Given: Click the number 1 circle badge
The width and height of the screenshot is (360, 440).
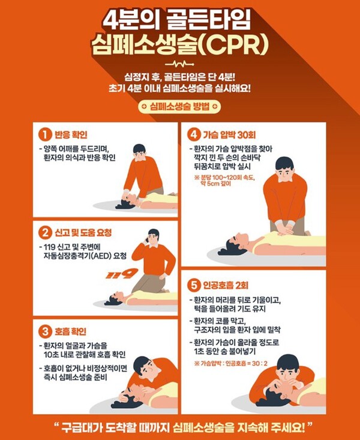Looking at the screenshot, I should [44, 133].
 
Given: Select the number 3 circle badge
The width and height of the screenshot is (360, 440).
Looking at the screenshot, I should [44, 331].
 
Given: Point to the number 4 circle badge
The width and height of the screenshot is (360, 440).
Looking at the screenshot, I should [193, 133].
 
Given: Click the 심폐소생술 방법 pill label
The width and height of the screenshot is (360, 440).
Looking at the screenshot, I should [179, 106].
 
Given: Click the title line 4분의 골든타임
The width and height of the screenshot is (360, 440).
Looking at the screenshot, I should [180, 17].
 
